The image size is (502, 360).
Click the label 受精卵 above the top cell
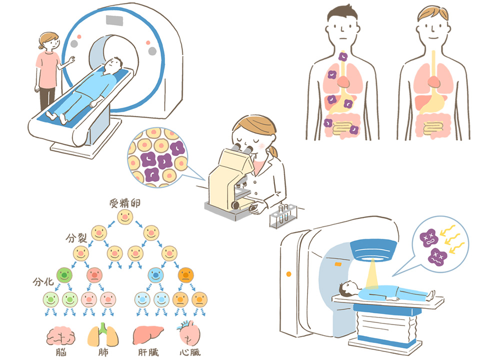click(124, 203)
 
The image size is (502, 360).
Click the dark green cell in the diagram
click(65, 274)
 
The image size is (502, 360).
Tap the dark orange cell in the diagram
click(185, 274)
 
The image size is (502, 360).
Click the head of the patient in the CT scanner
click(114, 63)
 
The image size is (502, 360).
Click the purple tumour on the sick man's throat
click(343, 57)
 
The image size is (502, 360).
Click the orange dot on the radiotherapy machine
click(288, 274)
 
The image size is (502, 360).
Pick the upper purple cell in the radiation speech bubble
click(430, 236)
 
